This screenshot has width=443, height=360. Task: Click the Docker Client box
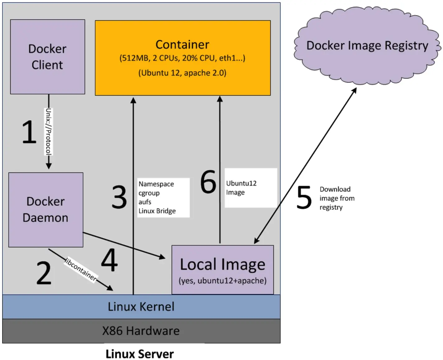pos(48,57)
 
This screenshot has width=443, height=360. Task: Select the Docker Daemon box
pos(46,210)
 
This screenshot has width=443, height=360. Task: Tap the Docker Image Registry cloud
pos(367,45)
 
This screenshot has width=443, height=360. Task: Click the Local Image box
pos(222,270)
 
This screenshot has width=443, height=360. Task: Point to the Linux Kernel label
pos(141,306)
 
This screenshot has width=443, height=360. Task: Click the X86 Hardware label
pos(141,331)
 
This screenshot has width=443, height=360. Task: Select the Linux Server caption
pos(140,354)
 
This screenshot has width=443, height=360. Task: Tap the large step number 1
pos(29,132)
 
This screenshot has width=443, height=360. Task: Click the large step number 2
pos(44,273)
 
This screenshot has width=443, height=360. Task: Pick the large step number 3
pos(119,197)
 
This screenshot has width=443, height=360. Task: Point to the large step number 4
pos(110,260)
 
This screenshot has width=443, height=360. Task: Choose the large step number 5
pos(304,197)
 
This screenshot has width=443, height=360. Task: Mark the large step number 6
pos(208,181)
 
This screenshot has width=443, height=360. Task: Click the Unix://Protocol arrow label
pos(49,132)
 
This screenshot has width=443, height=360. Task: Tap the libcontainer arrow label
pos(81,269)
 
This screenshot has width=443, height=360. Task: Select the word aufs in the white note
pos(145,202)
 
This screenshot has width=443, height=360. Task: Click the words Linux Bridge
pos(157,211)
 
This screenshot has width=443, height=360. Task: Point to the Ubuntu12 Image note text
pos(241,188)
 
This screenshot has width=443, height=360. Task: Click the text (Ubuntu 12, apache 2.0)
pos(182,73)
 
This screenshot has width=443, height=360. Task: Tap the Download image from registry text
pos(337,198)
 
